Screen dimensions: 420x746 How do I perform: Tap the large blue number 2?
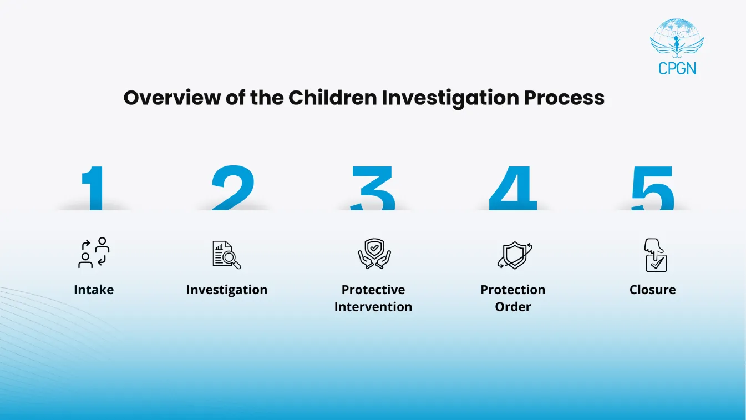[233, 189]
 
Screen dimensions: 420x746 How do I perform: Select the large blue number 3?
[373, 189]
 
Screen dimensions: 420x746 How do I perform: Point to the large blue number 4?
[513, 189]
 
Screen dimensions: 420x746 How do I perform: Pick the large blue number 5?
[653, 189]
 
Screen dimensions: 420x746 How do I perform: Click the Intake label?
[94, 290]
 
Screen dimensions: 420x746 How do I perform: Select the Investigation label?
[227, 290]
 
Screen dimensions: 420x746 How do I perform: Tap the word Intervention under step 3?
[373, 307]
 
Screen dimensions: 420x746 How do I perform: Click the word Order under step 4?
[513, 307]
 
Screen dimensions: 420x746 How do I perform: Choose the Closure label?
[653, 290]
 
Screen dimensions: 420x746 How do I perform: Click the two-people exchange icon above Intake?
[94, 254]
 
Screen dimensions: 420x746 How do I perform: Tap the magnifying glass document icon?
[227, 255]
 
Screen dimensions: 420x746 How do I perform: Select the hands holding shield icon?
[374, 254]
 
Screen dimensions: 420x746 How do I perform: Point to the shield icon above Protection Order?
[514, 255]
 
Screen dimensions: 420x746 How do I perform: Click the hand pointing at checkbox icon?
[656, 255]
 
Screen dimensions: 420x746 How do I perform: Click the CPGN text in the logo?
[677, 68]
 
